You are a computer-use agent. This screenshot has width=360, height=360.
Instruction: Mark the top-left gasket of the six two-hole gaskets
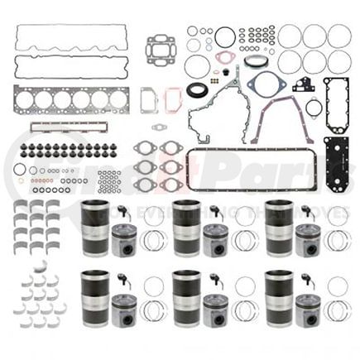[145, 150]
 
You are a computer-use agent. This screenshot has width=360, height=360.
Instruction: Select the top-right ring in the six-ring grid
[338, 36]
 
